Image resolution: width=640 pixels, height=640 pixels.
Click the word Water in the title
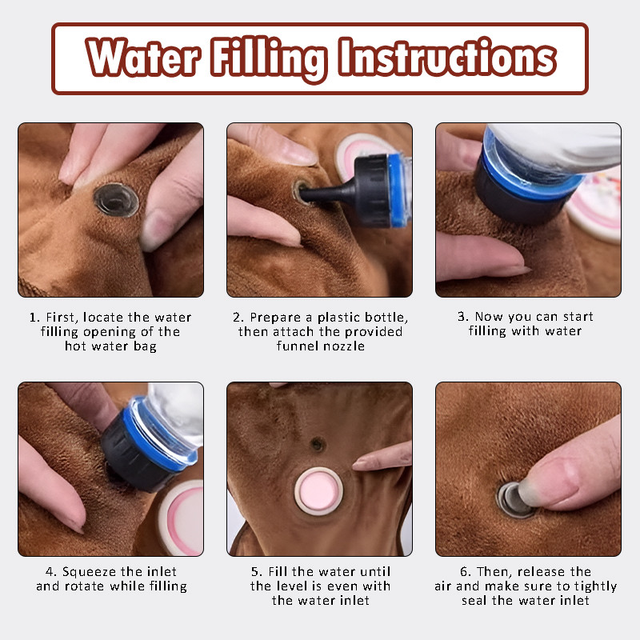pyautogui.click(x=143, y=56)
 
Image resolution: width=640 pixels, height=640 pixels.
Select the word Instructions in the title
pyautogui.click(x=448, y=56)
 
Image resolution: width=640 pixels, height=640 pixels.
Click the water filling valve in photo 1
pyautogui.click(x=116, y=200)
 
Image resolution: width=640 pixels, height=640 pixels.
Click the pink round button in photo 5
pyautogui.click(x=318, y=491)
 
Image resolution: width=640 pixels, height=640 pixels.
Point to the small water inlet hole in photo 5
pyautogui.click(x=318, y=444)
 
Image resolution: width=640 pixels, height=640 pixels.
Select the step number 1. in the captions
pyautogui.click(x=34, y=317)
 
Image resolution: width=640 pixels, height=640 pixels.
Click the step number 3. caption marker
pyautogui.click(x=463, y=316)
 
